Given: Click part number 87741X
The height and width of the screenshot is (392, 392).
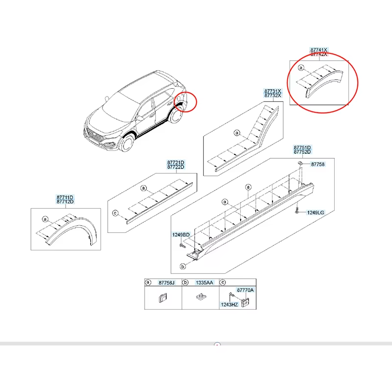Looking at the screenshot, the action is (318, 50).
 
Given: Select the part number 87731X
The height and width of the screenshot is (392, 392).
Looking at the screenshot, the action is (272, 91).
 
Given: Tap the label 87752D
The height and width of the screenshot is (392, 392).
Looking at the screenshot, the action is (302, 152).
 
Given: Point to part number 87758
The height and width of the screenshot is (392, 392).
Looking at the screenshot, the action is (318, 164).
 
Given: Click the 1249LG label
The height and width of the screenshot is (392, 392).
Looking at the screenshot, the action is (316, 213).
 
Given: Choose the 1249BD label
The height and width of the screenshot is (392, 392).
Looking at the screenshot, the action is (181, 235).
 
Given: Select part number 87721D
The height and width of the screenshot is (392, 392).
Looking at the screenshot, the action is (175, 163).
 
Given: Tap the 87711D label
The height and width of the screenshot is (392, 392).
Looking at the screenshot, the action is (65, 197).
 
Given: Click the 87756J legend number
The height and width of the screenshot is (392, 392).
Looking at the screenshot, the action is (167, 283).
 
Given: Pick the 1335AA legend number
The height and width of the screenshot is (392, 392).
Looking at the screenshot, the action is (204, 283).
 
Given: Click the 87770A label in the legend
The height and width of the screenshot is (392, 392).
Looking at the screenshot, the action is (245, 290).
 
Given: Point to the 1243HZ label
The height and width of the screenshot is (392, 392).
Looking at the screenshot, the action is (229, 304).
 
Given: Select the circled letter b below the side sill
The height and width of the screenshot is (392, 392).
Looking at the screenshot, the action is (183, 267).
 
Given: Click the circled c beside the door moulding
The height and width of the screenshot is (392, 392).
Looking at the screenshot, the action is (115, 213).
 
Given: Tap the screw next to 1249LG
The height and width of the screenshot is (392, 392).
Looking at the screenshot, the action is (297, 211).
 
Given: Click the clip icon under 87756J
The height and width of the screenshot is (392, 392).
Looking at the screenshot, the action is (163, 298).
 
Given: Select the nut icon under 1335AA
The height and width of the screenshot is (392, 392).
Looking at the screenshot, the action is (201, 297).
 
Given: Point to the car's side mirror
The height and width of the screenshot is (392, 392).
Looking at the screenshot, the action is (140, 118).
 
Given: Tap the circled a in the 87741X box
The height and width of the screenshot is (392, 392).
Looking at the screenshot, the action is (301, 68).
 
